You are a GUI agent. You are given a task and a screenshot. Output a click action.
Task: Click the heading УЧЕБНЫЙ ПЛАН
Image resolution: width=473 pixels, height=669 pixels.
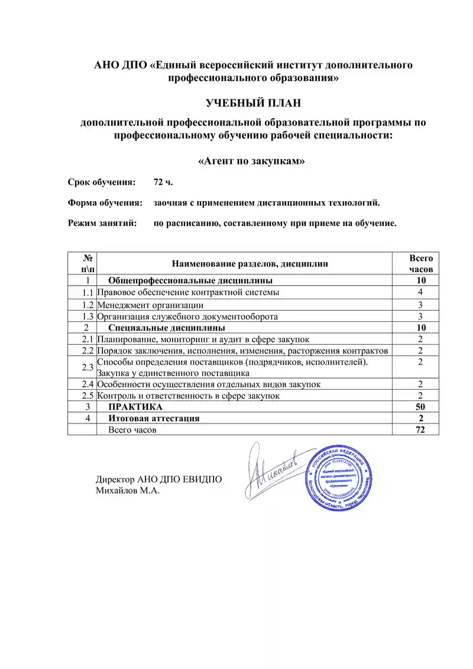(253, 104)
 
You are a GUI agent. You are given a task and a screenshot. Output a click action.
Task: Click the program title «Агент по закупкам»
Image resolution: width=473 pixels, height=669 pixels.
(252, 160)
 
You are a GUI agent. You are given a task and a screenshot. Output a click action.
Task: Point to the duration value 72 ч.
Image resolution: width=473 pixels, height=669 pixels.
(163, 181)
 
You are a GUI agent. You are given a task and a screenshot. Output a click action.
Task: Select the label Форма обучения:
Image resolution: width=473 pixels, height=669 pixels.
(105, 202)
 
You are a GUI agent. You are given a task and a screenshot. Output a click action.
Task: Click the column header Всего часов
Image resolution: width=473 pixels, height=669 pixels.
(421, 263)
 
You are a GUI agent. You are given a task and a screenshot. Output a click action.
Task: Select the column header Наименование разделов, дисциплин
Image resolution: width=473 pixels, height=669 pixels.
(250, 263)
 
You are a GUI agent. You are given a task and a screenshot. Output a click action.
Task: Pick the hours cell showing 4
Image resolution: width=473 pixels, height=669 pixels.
(420, 292)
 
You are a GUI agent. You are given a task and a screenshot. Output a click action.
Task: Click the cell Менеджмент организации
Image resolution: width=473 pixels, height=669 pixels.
(150, 305)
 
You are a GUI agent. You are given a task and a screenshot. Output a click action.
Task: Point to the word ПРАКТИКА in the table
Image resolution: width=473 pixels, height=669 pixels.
(135, 407)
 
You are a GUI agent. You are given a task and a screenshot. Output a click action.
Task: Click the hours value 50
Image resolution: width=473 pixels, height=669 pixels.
(420, 407)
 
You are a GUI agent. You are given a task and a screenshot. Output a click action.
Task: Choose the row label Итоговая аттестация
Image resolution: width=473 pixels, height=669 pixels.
(154, 418)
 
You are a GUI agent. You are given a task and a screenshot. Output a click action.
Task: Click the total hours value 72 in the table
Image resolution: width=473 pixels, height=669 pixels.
(420, 430)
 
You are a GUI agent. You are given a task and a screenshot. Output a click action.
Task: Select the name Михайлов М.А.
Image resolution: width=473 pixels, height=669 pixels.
(128, 490)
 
